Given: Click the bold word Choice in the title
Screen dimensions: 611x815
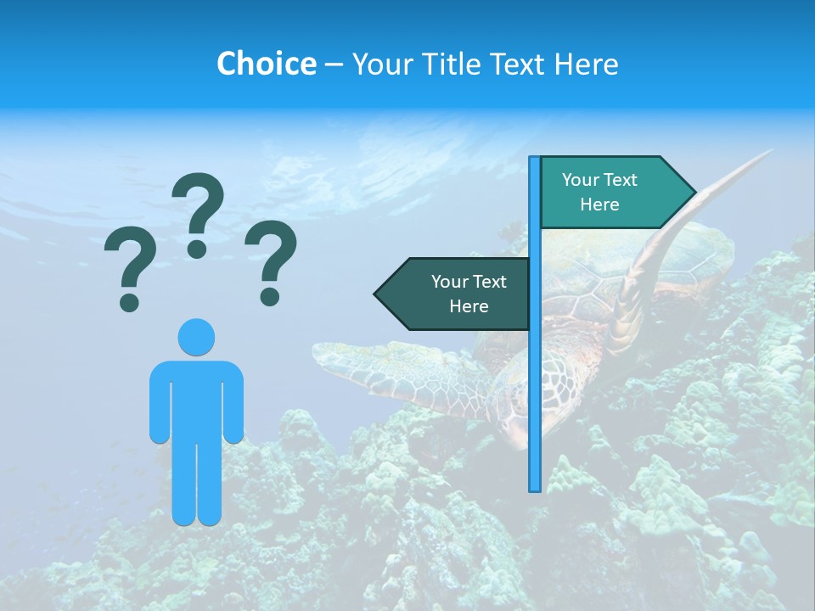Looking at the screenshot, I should (x=266, y=64).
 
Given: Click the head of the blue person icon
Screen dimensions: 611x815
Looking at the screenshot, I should (x=196, y=337).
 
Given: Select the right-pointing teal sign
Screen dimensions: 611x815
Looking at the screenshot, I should (x=611, y=192).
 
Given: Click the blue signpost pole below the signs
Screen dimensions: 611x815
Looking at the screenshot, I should (x=535, y=407).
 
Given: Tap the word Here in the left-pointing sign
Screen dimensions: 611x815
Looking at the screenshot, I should (x=469, y=306).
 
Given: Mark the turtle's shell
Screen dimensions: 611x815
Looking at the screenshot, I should (x=611, y=272).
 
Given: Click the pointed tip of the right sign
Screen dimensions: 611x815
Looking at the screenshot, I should (x=694, y=193).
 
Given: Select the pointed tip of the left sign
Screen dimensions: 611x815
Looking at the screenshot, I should (x=376, y=294).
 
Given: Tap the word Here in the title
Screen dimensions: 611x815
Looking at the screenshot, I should (x=586, y=64).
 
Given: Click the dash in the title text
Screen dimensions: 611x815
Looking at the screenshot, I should (x=334, y=64).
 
